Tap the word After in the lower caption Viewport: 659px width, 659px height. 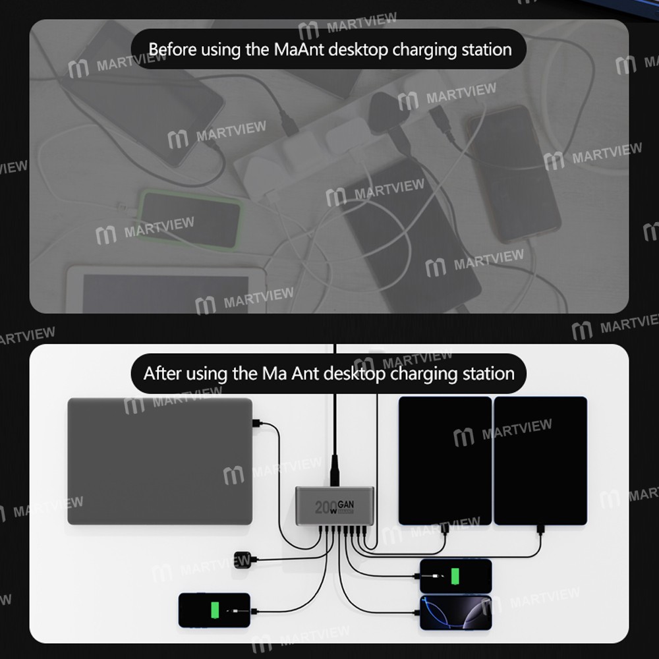point(163,374)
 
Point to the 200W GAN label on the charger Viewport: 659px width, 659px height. point(334,506)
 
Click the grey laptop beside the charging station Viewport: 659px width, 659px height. point(159,461)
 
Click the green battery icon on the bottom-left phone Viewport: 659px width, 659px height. point(214,610)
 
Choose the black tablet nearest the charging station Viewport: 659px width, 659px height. point(445,460)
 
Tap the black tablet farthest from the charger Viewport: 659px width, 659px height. point(540,460)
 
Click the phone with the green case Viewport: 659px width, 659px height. point(190,219)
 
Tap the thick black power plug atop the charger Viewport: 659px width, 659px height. point(335,469)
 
